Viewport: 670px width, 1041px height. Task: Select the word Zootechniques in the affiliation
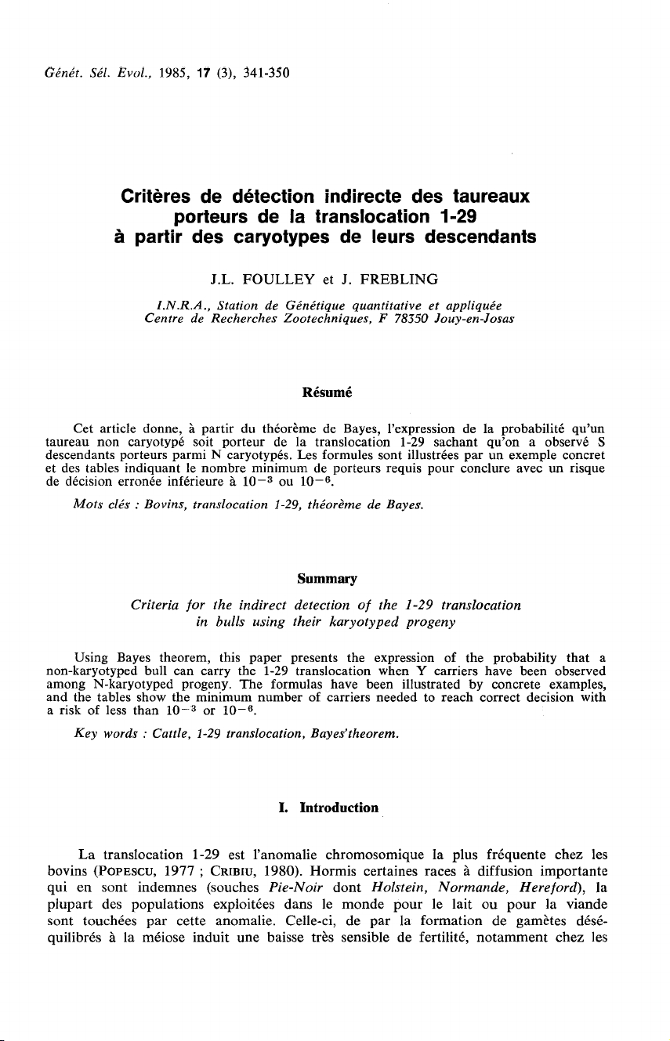click(313, 320)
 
